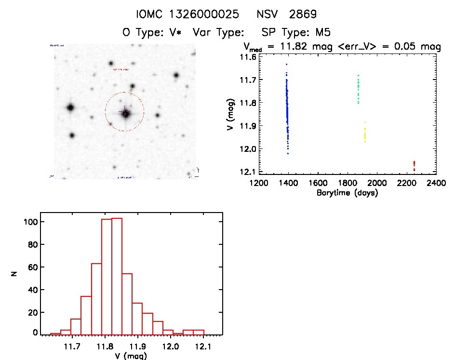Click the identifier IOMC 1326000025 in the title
point(188,14)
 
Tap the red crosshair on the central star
point(125,112)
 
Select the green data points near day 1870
point(358,89)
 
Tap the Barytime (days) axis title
point(347,193)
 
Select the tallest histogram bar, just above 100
point(117,276)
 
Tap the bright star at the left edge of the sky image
point(70,107)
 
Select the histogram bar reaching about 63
point(96,299)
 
